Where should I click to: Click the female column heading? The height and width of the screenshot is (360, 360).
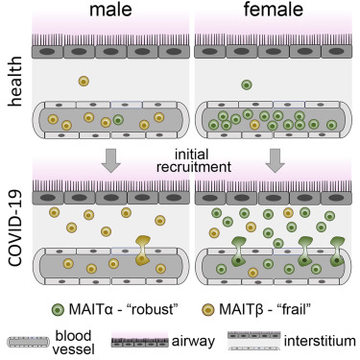272,12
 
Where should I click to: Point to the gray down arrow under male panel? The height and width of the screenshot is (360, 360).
138,160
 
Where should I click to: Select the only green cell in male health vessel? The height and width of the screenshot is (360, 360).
118,121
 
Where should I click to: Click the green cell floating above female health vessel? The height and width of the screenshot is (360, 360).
248,84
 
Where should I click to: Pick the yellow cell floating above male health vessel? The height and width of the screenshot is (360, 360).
84,82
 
